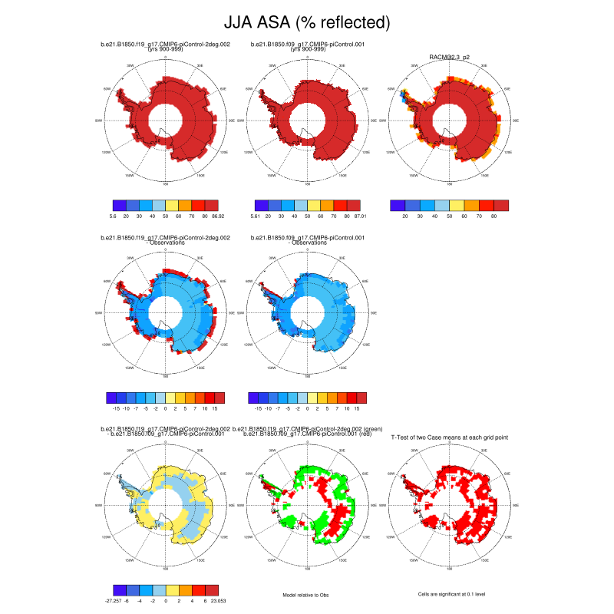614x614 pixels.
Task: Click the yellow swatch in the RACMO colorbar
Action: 457,205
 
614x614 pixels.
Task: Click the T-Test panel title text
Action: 449,437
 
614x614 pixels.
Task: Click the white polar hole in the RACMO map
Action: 449,120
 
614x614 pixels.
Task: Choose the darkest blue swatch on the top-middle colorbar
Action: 260,205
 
